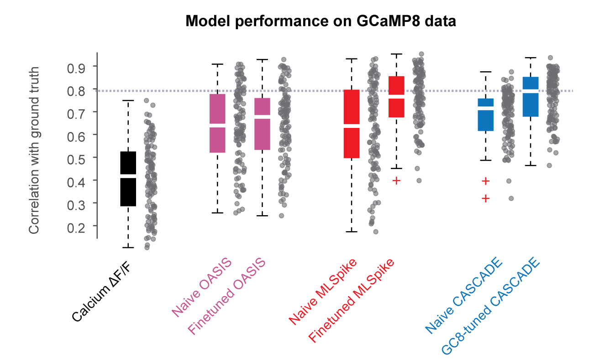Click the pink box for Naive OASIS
point(217,123)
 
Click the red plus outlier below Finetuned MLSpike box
point(396,180)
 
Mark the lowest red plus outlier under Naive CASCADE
point(485,198)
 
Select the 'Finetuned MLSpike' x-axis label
point(352,302)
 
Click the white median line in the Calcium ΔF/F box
point(128,174)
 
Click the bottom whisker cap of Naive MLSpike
point(352,232)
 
